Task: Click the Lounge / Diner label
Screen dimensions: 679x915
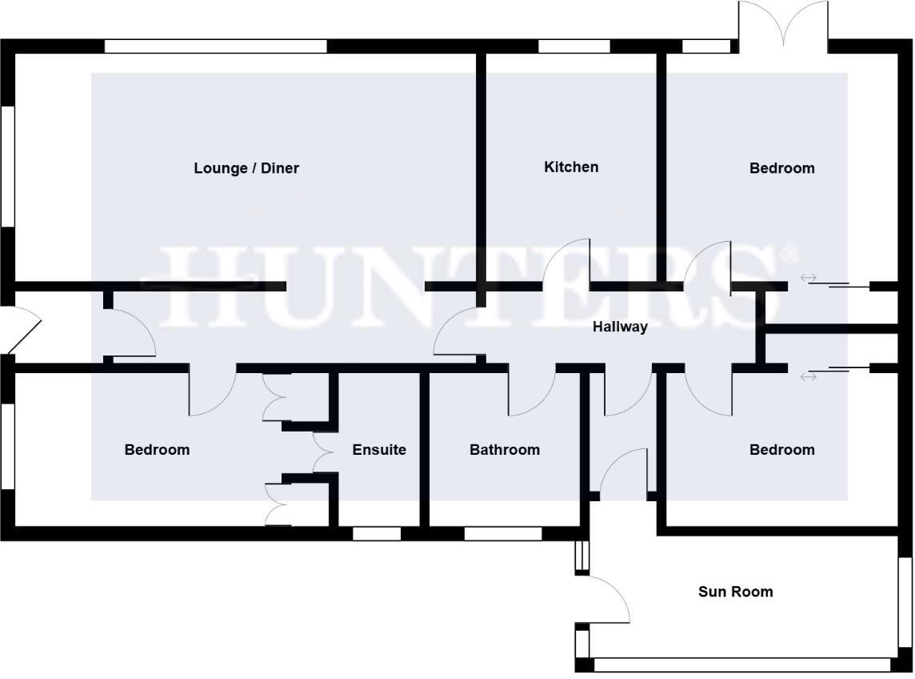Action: point(246,168)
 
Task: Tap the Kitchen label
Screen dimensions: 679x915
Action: point(571,167)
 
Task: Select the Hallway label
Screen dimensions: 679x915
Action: point(620,327)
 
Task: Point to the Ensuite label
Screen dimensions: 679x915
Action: point(379,450)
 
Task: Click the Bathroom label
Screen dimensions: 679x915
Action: point(504,450)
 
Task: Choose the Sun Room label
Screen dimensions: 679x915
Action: point(735,592)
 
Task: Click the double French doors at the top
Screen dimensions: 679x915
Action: point(783,24)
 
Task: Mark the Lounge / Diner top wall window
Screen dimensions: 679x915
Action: point(216,46)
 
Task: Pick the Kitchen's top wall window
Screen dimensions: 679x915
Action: point(573,46)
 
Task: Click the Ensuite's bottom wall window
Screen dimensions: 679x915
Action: point(377,533)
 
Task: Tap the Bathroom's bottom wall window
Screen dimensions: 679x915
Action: point(502,533)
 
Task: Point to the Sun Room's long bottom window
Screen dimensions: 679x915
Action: point(742,665)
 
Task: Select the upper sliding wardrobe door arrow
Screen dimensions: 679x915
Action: point(809,278)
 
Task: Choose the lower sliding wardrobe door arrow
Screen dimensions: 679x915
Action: point(809,376)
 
